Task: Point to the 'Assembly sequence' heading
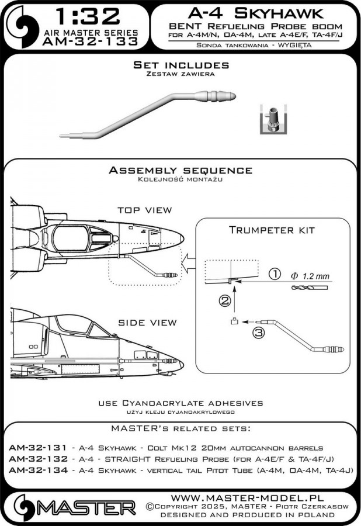(180, 170)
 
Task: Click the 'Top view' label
(144, 210)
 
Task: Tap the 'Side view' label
(144, 323)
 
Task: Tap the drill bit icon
(310, 286)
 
